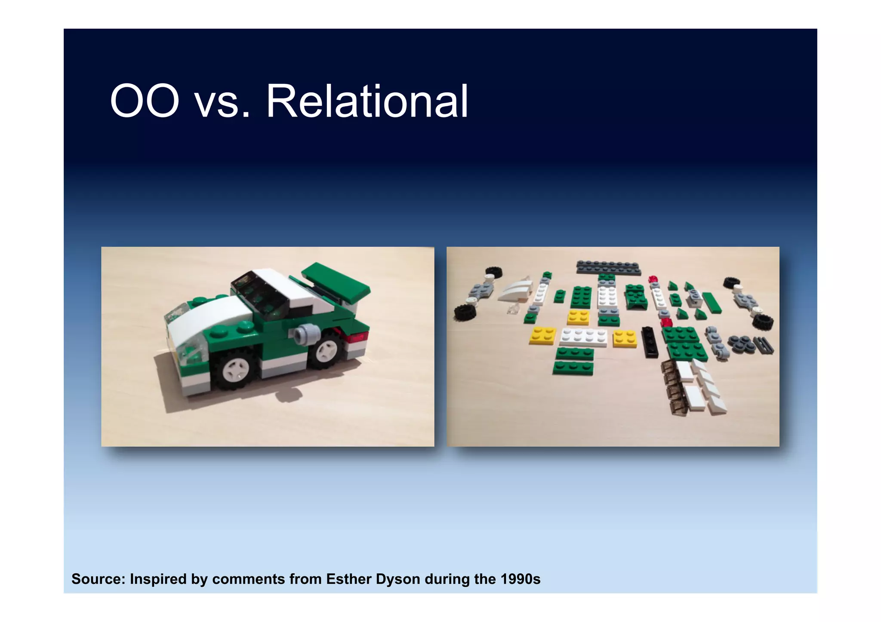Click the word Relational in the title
[367, 101]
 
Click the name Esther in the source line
[349, 579]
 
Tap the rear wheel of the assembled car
[326, 350]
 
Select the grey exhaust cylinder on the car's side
[306, 334]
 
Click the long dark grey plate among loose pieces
[608, 267]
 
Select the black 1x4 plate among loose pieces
[650, 342]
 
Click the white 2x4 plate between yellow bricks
[584, 337]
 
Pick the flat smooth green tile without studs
[712, 303]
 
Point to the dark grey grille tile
[764, 345]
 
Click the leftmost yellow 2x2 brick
[543, 335]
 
